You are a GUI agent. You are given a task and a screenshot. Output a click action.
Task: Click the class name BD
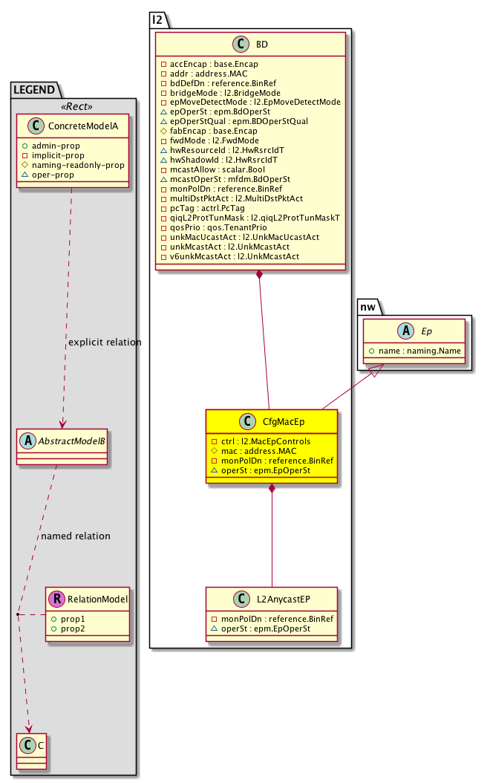(261, 45)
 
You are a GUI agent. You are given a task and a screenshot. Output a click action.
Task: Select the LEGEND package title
(34, 90)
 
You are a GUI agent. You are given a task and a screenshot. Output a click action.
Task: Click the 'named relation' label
(76, 536)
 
